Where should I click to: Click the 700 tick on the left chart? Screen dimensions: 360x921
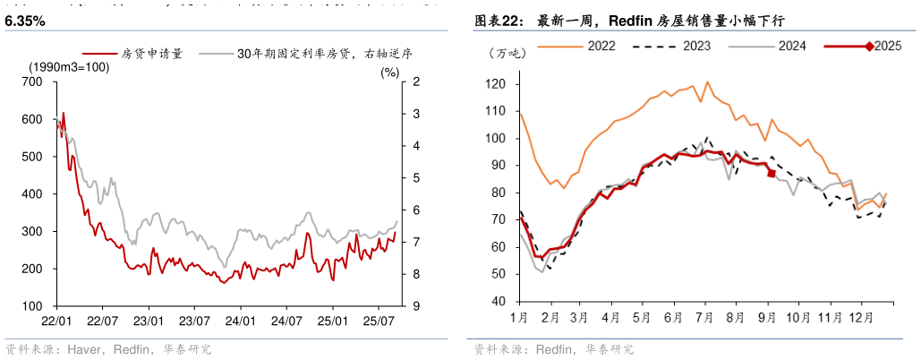coord(32,82)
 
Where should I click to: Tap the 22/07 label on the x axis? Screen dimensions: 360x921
coord(102,319)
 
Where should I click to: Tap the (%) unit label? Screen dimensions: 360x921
coord(389,73)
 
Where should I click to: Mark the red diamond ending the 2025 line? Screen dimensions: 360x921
coord(772,173)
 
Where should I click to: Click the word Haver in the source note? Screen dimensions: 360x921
coord(82,349)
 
